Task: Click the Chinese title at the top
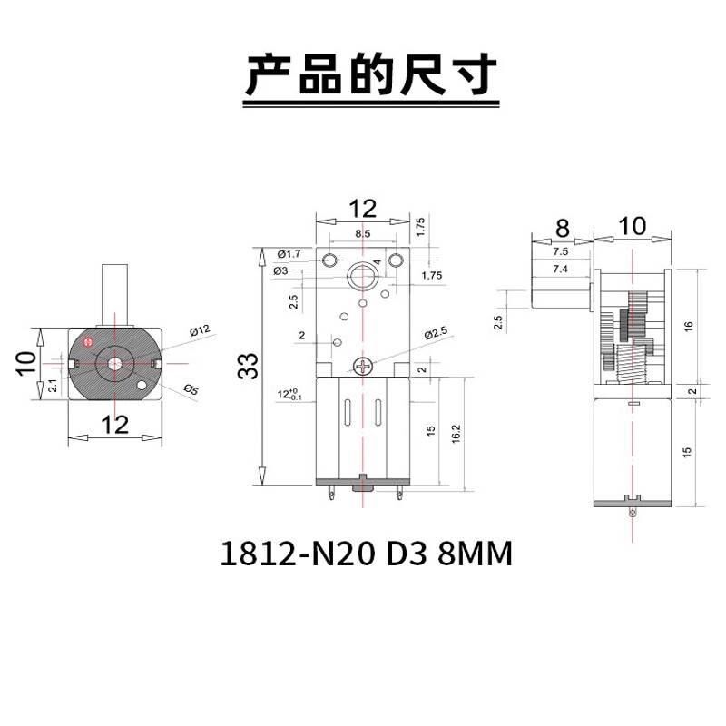click(362, 74)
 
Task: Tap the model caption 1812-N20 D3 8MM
click(366, 553)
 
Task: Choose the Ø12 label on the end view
click(200, 329)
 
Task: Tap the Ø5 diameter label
click(191, 389)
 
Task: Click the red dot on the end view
click(88, 342)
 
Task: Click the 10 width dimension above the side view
click(633, 226)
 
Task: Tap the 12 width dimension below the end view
click(114, 424)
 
